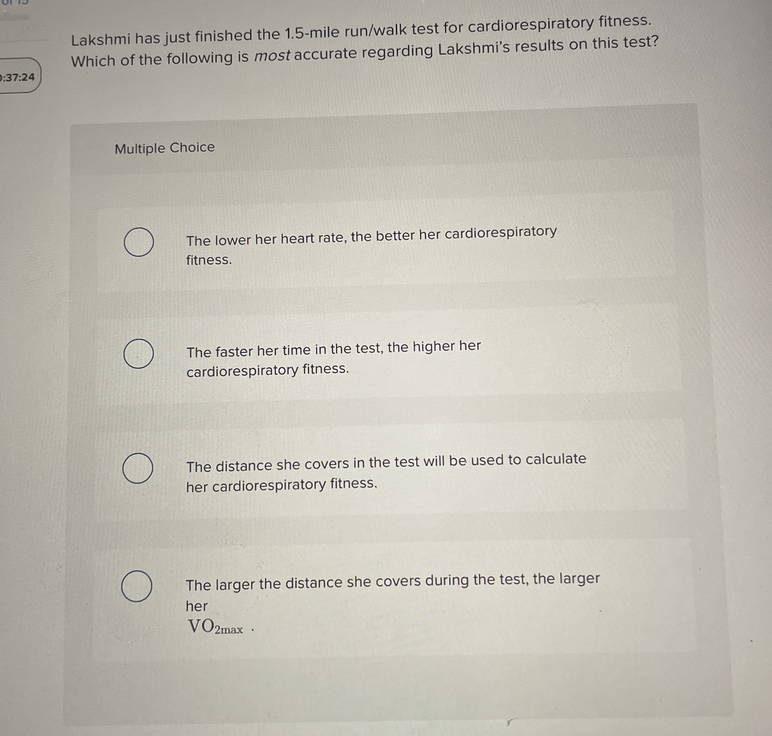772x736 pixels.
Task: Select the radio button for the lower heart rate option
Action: [x=139, y=242]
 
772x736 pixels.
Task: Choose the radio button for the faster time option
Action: [x=138, y=354]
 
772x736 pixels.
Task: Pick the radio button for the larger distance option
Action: [x=136, y=587]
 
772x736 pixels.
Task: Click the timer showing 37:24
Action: [x=19, y=77]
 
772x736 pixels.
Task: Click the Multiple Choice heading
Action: [x=164, y=148]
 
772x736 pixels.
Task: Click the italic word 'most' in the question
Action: [x=272, y=56]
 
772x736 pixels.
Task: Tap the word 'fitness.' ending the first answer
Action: [x=209, y=260]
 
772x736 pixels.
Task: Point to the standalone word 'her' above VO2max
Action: [x=196, y=606]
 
